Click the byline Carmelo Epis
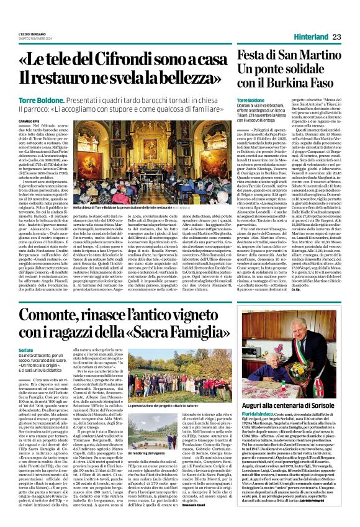click(29, 121)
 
